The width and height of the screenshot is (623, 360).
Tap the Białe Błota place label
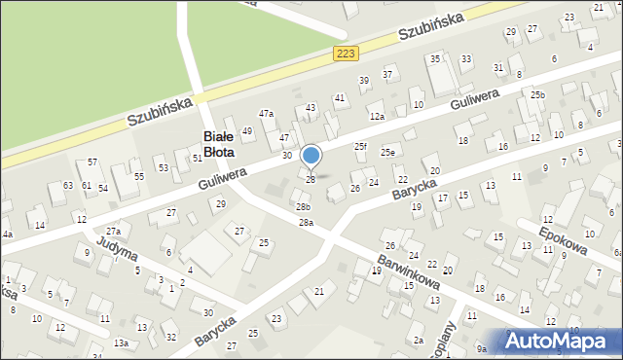[229, 145]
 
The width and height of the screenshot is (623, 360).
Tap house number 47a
[266, 114]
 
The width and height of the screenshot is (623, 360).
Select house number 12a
[377, 117]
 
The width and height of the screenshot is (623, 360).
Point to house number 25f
[361, 146]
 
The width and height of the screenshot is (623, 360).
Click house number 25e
[387, 153]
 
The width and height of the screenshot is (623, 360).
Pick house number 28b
[303, 206]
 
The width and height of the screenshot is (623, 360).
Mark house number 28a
[306, 223]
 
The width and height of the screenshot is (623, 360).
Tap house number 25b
[538, 94]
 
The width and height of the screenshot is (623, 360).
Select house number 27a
[114, 232]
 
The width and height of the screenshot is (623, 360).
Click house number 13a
[121, 342]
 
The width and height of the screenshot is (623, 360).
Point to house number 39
[364, 80]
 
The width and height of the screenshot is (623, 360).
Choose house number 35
[435, 59]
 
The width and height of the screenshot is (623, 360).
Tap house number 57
[92, 162]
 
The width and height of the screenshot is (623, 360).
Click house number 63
[68, 185]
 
